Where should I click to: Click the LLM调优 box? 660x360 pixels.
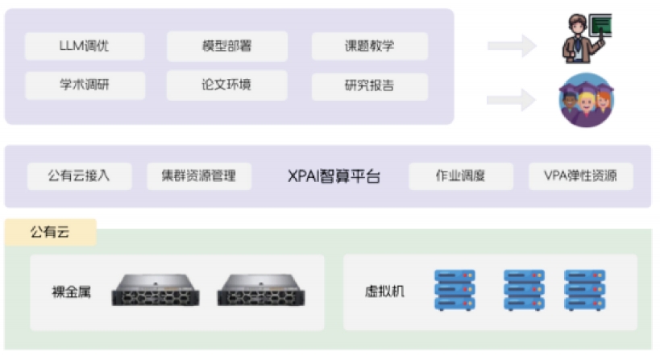coord(85,46)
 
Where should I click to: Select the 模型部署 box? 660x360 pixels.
coord(226,46)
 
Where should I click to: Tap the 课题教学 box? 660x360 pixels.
coord(369,46)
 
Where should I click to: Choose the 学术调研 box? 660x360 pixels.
coord(85,85)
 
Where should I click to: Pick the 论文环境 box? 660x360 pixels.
coord(226,85)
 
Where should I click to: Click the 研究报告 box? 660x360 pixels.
coord(369,85)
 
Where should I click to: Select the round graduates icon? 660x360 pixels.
coord(586,100)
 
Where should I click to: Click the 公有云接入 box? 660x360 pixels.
coord(79,176)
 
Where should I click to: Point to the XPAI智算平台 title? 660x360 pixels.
coord(334,176)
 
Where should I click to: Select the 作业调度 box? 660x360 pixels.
coord(460,176)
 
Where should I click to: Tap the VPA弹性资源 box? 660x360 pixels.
coord(580,176)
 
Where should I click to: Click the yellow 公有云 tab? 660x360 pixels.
coord(51,232)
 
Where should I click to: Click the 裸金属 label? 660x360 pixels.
coord(72,292)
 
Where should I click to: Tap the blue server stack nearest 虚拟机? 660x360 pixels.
coord(455,291)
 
